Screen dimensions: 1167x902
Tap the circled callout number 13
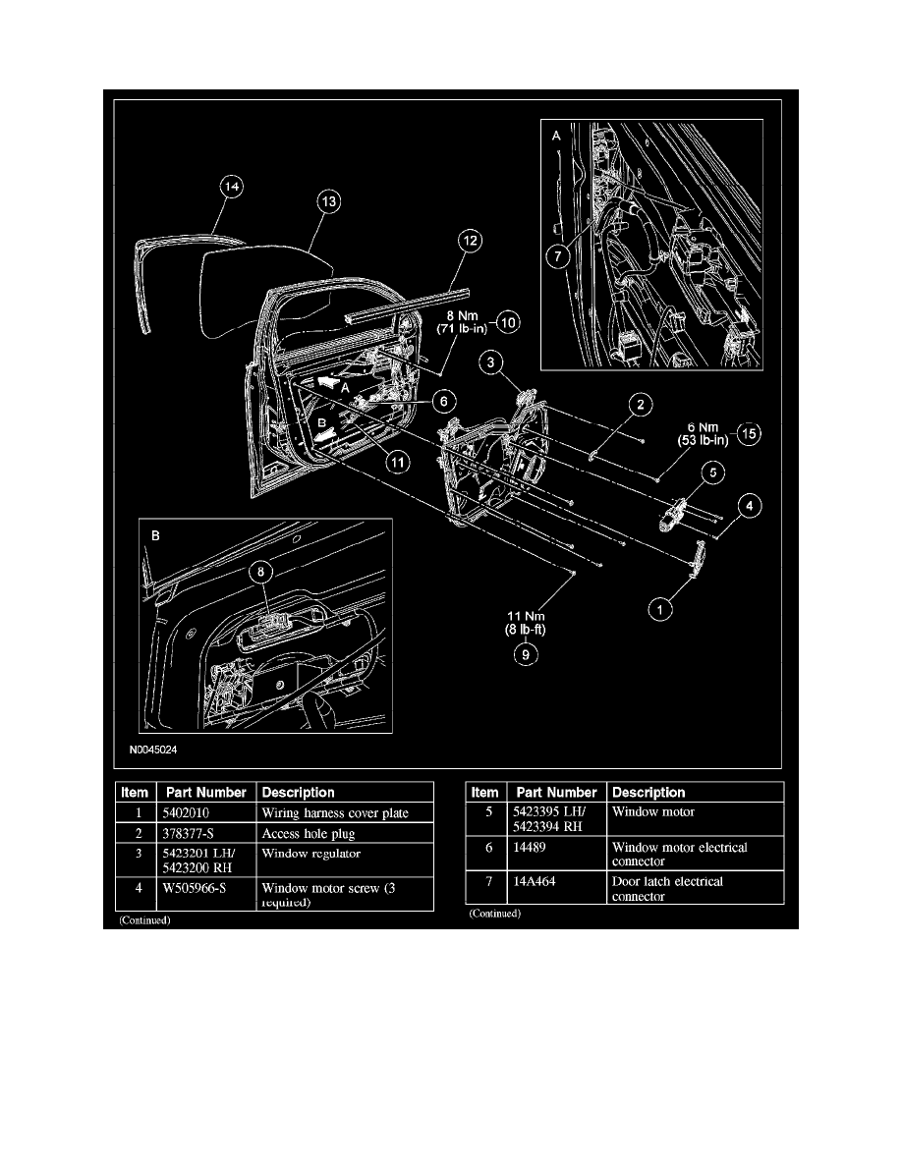coord(328,201)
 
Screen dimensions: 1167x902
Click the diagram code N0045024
coord(153,749)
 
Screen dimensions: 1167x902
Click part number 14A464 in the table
coord(534,882)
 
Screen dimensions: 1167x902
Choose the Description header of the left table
coord(298,792)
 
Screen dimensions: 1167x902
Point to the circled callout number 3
coord(489,363)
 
